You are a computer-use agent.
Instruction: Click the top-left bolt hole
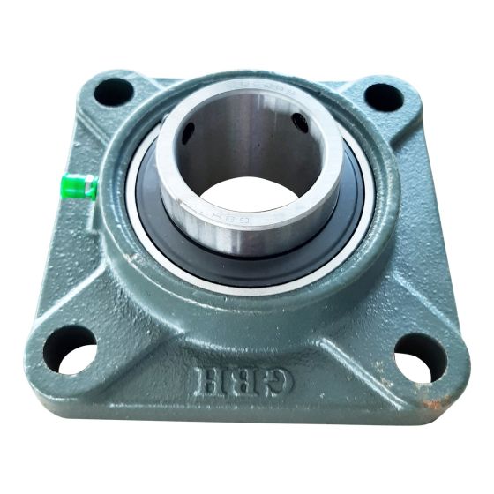click(x=113, y=91)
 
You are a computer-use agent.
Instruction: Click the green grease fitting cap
click(x=79, y=187)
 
